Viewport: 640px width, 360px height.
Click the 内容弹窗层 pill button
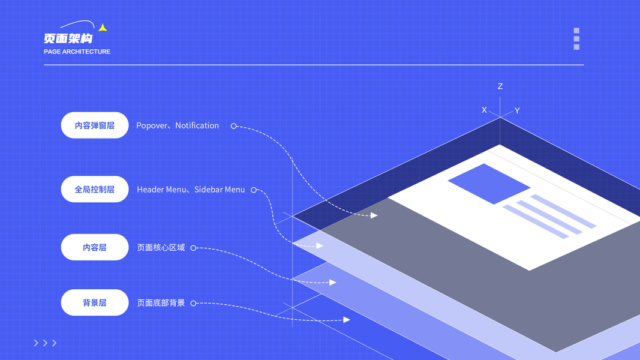(95, 125)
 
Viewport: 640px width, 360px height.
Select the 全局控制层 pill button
(95, 189)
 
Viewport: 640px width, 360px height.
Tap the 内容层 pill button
(95, 247)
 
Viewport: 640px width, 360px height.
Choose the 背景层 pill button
(95, 302)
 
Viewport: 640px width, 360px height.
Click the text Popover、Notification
(178, 125)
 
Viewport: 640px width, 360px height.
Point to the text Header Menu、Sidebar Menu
(191, 190)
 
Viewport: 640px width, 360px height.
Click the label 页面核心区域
(161, 248)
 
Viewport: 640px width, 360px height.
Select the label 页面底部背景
(161, 303)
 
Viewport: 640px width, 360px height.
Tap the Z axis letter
(500, 86)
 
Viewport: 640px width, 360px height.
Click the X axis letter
(484, 110)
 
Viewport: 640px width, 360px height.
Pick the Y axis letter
(517, 110)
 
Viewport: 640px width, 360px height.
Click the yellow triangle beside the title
(103, 28)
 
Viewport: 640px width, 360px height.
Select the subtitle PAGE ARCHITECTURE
(77, 52)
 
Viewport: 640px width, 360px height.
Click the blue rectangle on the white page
(489, 184)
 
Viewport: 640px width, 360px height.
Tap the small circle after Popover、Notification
(234, 126)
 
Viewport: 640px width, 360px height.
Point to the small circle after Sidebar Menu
(254, 190)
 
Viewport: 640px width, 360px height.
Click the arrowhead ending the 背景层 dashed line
(347, 320)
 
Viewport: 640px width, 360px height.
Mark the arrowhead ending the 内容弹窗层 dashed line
(374, 215)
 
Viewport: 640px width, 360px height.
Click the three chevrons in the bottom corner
(45, 343)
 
